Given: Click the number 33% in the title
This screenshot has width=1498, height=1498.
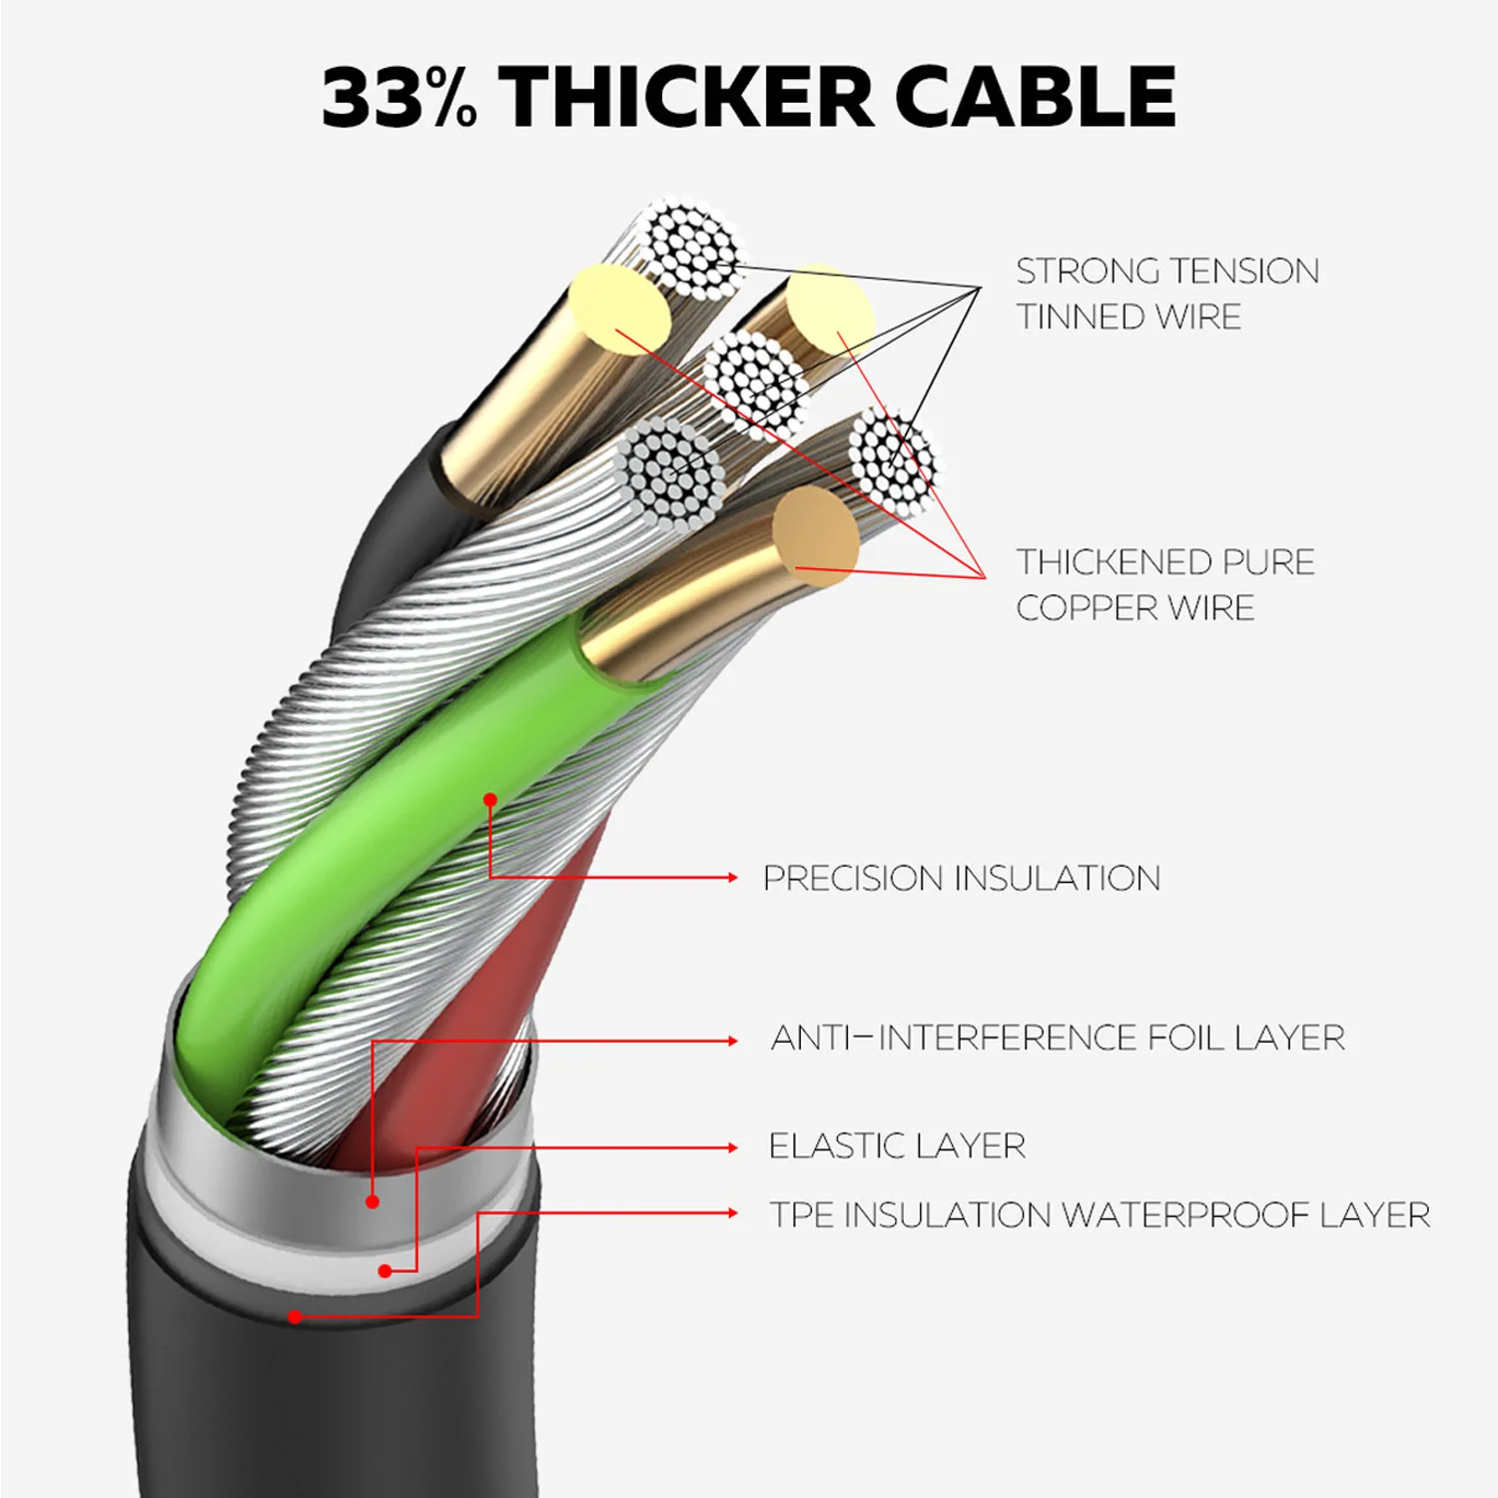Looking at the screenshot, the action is pos(399,97).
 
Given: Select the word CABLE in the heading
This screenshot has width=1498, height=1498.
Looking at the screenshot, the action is pos(1035,97).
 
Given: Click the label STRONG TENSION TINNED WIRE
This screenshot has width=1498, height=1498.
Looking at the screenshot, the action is pos(1167,294).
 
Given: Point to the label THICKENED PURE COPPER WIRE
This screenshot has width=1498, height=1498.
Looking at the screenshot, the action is pos(1165,584).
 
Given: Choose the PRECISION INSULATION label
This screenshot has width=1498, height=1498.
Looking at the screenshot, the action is pos(962,878).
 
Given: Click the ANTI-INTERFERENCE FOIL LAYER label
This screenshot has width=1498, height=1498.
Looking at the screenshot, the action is pos(1058,1038).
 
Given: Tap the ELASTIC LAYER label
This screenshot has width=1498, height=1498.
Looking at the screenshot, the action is pos(897,1145).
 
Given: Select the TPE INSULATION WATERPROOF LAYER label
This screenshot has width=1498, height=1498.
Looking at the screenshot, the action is pos(1100,1214).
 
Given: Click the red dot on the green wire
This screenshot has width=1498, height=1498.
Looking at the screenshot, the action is pos(490,800).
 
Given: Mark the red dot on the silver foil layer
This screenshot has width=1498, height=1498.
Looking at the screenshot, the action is pos(373,1201).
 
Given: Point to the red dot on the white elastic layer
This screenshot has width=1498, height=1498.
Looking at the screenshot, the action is pos(385,1271).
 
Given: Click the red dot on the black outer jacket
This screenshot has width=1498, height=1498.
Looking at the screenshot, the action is pos(295,1317).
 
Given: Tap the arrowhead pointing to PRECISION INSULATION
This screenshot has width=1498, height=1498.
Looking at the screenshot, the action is pos(733,877).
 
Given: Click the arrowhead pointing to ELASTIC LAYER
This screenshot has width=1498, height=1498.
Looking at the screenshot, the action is pos(733,1148).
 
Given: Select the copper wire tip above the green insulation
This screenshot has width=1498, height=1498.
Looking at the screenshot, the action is pos(816,530).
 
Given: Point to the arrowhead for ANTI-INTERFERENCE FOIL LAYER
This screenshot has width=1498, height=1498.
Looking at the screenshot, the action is pos(733,1041).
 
